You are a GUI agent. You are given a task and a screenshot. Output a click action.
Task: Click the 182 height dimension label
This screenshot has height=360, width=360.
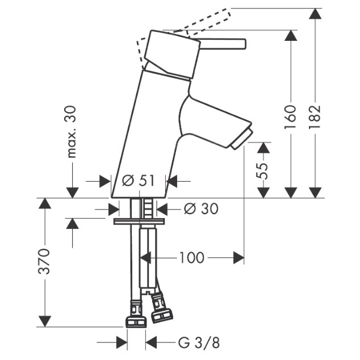315,117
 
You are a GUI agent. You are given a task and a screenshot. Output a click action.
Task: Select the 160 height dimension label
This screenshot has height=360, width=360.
290,117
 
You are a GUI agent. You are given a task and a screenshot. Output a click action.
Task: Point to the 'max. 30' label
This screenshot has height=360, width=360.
72,132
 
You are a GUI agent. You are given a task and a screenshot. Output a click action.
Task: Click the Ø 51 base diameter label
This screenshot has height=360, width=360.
138,181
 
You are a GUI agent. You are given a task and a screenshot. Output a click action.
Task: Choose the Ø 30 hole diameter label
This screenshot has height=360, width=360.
201,209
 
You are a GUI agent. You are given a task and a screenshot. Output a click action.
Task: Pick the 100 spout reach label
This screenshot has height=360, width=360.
192,258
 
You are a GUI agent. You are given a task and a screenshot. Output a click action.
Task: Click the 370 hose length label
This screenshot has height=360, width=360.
44,261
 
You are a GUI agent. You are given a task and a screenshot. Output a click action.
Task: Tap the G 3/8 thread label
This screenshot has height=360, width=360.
199,343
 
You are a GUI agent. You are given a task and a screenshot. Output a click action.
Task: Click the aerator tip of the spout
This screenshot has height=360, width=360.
242,140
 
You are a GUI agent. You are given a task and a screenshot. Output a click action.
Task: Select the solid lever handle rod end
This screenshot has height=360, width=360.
244,44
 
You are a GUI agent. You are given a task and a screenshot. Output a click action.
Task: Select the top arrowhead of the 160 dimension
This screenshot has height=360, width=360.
291,36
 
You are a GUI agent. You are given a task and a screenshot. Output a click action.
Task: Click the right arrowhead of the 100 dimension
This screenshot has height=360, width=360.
238,258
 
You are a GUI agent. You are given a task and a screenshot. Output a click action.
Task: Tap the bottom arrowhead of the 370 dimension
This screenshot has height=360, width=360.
44,321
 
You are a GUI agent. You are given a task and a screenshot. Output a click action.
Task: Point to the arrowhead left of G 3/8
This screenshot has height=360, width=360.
122,343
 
